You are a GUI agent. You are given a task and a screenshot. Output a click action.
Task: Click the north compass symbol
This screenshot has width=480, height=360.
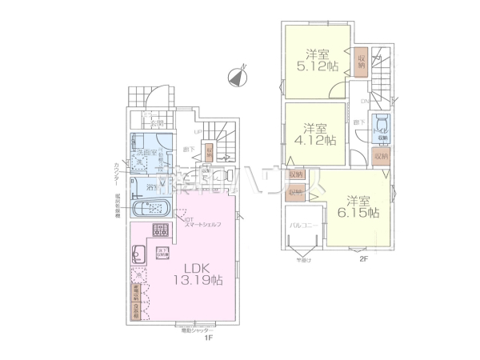tap(237, 77)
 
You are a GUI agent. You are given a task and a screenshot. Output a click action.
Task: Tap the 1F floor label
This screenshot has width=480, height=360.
tap(206, 338)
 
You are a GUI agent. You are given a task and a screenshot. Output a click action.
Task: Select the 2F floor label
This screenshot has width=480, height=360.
tap(362, 259)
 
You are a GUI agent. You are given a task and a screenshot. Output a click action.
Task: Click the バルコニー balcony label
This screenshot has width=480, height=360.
tap(302, 226)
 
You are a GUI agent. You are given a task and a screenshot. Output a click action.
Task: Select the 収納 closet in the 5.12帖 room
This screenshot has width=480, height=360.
tap(362, 62)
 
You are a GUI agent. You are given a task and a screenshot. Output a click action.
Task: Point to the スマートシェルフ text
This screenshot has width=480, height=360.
tap(203, 225)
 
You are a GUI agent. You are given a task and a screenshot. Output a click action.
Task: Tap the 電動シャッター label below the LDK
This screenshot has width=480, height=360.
tap(196, 330)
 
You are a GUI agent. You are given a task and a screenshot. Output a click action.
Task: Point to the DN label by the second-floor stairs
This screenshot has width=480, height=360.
tap(364, 102)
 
